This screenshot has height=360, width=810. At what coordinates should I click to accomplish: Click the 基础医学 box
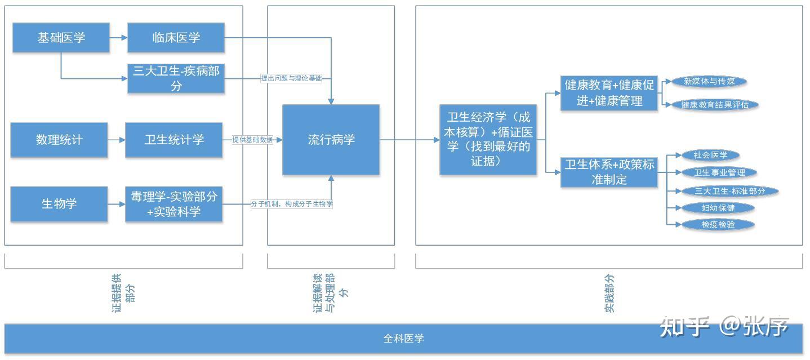tap(61, 38)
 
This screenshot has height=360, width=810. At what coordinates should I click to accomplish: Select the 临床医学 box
tap(176, 38)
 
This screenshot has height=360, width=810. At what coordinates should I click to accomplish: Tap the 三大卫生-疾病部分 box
tap(176, 78)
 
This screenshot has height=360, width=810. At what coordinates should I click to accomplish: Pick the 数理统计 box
tap(59, 140)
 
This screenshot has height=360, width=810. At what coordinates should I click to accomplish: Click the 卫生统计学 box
tap(173, 140)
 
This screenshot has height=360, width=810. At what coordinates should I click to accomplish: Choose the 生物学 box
tap(59, 204)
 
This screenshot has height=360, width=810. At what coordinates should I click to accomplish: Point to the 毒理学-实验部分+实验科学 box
tap(173, 204)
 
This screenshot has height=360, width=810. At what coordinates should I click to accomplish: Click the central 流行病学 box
tap(331, 140)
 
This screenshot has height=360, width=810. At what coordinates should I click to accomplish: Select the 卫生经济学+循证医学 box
tap(488, 139)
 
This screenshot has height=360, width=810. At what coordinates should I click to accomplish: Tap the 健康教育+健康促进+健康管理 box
tap(609, 93)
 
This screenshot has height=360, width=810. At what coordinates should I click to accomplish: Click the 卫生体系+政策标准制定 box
tap(609, 172)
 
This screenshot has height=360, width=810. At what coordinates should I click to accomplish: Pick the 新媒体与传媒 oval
tap(709, 81)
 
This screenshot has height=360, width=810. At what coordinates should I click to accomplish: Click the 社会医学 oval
tap(710, 155)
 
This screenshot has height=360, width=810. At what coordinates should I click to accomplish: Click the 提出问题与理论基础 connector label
tap(291, 78)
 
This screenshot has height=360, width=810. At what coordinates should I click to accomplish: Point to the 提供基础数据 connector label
tap(252, 140)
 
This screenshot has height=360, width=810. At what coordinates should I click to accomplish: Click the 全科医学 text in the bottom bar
tap(403, 339)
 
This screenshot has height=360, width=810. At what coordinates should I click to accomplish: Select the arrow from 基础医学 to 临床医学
tap(118, 38)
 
